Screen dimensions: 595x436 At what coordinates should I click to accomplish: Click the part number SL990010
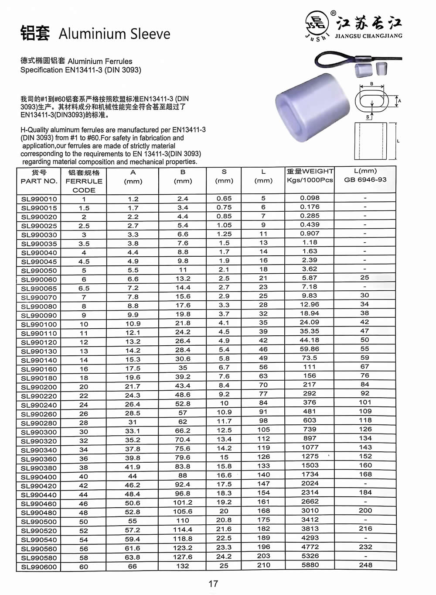coord(39,199)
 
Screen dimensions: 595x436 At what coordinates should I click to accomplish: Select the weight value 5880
coord(310,565)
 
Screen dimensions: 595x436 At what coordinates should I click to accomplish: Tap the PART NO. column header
coord(39,181)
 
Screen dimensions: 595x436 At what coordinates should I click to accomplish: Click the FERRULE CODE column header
coord(84,181)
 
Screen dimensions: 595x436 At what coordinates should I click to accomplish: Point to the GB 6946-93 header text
coord(365,179)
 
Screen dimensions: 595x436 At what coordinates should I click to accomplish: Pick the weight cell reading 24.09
coord(310,323)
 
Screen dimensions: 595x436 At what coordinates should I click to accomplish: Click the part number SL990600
coord(39,567)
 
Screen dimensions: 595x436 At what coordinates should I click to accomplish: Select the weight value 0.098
coord(310,198)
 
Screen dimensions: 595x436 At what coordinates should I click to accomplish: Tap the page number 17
coord(213,584)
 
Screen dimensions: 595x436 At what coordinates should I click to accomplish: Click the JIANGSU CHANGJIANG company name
coord(368,36)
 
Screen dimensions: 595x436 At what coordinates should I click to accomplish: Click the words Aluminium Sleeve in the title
coord(114,34)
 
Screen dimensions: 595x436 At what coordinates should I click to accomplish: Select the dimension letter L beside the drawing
coord(399,141)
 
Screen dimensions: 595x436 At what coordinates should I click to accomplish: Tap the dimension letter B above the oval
coord(371,84)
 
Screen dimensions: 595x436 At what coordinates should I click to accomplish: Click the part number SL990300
coord(39,432)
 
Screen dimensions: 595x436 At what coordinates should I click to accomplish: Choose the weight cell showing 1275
coord(310,456)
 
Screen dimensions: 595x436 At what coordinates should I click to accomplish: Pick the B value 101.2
coord(183,502)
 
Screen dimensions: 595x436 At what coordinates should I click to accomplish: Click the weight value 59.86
coord(310,349)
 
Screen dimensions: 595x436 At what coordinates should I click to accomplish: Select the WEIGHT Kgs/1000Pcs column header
coord(310,175)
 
